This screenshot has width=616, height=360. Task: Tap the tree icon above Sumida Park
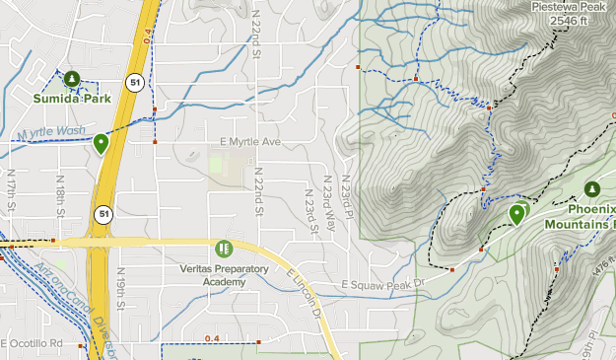pos(71,79)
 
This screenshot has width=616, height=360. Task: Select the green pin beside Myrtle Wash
pos(101,144)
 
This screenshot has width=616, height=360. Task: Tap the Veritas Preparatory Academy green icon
pos(224,248)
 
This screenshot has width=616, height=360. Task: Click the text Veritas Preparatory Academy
pos(224,274)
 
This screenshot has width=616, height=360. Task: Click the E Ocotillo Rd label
pos(31,343)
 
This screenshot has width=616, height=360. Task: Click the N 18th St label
pos(61,197)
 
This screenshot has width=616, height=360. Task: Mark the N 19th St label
pos(119,287)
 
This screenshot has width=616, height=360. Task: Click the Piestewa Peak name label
pos(567,5)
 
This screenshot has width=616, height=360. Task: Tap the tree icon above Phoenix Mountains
pos(591,188)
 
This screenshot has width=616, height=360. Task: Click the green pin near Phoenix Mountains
pos(516,213)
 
